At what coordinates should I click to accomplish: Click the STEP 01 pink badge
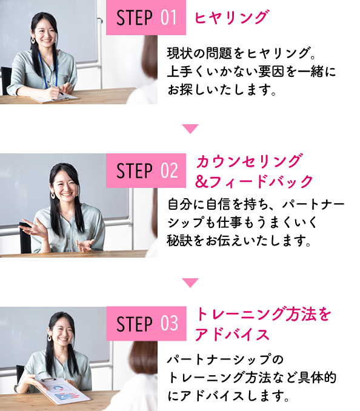tap(146, 18)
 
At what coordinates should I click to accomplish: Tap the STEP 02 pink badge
tap(146, 170)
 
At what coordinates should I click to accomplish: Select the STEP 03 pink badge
tap(146, 324)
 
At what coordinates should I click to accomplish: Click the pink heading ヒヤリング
tap(232, 18)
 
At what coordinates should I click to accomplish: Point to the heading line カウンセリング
tap(250, 161)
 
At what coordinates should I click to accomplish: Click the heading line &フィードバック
tap(254, 181)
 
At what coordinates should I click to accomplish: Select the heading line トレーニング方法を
tap(263, 314)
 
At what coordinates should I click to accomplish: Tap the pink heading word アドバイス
tap(232, 335)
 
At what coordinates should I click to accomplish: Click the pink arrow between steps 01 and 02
tap(190, 129)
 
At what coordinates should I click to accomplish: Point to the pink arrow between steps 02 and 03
tap(190, 283)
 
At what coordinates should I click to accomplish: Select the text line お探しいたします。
tap(222, 90)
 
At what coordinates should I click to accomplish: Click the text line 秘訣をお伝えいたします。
tap(239, 241)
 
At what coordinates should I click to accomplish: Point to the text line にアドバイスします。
tap(228, 396)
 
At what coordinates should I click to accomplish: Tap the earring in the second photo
tap(53, 195)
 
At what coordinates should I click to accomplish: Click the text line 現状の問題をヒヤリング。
tap(241, 53)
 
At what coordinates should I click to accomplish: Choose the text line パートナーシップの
tap(225, 359)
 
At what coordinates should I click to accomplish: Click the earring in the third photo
tap(50, 338)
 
